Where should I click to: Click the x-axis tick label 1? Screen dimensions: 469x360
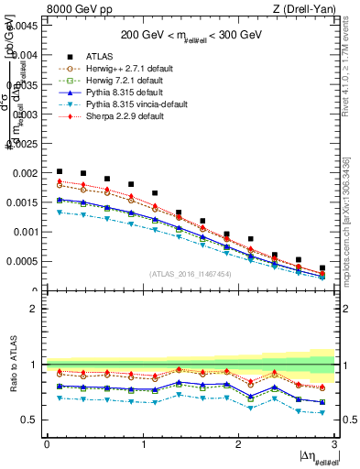tap(143, 444)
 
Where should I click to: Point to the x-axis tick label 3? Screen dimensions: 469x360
tap(335, 444)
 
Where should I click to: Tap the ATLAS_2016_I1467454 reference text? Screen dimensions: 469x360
tap(191, 274)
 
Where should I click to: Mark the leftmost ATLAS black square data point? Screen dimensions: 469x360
tap(60, 171)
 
